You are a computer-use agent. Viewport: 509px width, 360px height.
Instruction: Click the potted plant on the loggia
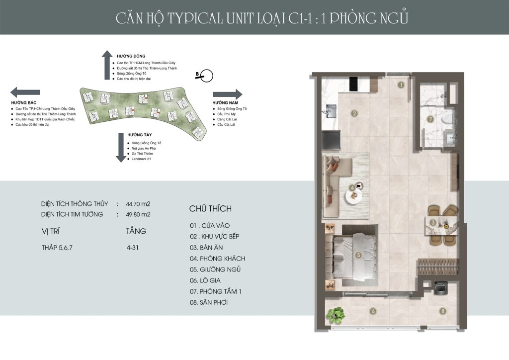click(336, 315)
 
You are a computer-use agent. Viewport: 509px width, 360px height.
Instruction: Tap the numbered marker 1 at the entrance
click(401, 85)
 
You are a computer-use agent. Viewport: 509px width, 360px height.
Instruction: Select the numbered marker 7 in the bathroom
click(431, 119)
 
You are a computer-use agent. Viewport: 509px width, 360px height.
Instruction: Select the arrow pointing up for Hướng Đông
click(107, 65)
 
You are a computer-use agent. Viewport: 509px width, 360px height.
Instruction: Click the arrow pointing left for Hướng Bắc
click(25, 92)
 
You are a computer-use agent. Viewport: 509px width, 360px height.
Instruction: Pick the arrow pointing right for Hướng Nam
click(228, 94)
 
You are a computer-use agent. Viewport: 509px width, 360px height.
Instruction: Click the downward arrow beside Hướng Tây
click(121, 148)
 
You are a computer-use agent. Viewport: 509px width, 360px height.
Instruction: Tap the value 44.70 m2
click(138, 204)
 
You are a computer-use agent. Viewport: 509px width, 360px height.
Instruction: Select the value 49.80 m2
click(138, 214)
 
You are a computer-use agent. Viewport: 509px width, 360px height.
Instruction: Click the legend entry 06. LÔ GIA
click(205, 280)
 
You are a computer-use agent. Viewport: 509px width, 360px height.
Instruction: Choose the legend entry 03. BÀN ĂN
click(206, 248)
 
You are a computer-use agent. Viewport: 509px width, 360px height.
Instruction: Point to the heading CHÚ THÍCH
click(210, 208)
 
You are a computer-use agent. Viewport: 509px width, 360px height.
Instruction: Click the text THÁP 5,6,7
click(57, 248)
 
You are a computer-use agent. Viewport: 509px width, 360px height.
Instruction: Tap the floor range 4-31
click(132, 248)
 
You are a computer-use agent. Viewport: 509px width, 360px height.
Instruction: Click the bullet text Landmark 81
click(141, 159)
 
